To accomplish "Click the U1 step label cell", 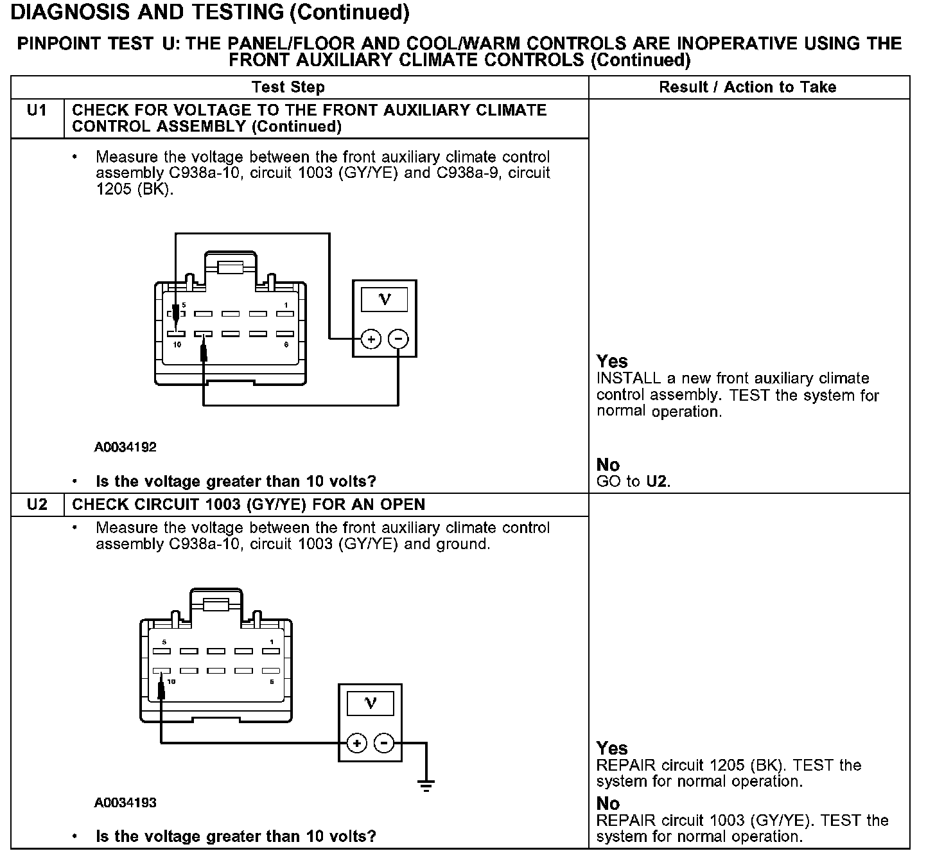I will point(37,110).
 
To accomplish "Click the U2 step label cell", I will point(37,505).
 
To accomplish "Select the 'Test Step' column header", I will point(288,87).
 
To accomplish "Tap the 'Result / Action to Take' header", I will point(747,87).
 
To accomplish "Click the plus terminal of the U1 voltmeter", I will point(371,338).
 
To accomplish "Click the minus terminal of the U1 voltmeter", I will point(399,338).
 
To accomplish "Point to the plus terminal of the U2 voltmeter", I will point(356,744).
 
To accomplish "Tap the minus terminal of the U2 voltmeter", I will point(384,744).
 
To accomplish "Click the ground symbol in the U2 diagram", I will point(426,785).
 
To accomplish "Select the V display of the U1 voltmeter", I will point(385,299).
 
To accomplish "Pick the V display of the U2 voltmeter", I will point(371,703).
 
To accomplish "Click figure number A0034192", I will point(125,447).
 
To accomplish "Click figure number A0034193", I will point(125,803).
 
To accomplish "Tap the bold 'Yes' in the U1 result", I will point(612,361).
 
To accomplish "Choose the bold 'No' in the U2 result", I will point(608,803).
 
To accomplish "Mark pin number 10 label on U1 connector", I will point(177,345).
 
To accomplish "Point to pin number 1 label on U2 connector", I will point(272,642).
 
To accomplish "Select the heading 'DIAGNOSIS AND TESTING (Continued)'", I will point(210,12).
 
